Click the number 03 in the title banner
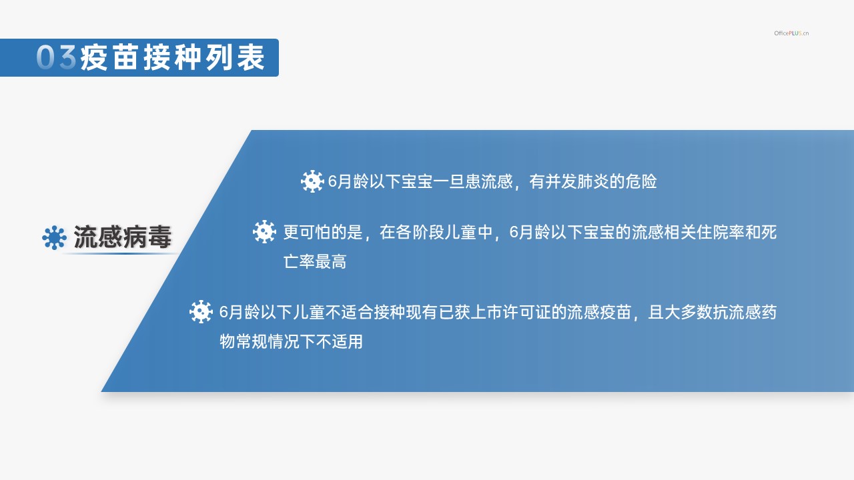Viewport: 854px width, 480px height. click(57, 57)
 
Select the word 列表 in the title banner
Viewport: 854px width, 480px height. click(236, 57)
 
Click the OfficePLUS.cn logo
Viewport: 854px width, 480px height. click(791, 33)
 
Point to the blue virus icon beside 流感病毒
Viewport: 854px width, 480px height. click(54, 238)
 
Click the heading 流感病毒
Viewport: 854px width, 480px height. click(122, 237)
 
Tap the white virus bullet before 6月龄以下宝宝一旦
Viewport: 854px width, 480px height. click(312, 181)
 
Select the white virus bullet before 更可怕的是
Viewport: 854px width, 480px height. click(264, 231)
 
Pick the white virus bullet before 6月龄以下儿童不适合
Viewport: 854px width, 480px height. click(201, 311)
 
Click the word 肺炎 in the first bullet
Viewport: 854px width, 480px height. click(593, 181)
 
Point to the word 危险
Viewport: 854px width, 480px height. click(641, 181)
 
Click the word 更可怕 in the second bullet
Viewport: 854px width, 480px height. click(307, 232)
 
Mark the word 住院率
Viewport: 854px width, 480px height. click(720, 232)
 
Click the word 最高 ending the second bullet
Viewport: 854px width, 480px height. click(331, 262)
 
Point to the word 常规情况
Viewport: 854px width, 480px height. click(268, 341)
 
